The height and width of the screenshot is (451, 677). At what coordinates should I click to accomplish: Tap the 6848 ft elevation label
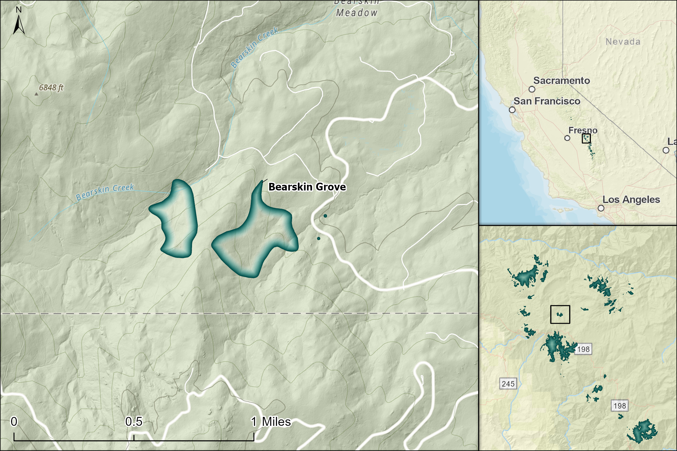51,87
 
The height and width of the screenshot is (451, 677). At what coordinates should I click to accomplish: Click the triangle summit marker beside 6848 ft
36,94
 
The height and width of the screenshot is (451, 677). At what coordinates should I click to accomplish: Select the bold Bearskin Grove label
307,187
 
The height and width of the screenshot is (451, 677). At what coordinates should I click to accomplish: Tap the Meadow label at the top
356,13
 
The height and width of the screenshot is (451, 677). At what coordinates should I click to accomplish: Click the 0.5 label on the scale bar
134,422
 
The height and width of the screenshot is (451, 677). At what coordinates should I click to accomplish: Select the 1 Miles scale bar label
271,422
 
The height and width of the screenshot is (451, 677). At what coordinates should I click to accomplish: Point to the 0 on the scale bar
14,422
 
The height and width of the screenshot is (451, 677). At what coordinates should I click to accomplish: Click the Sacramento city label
561,81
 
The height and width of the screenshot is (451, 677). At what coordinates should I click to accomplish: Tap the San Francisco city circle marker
512,110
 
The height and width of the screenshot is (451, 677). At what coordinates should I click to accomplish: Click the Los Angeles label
631,200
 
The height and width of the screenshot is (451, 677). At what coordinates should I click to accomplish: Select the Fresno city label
582,130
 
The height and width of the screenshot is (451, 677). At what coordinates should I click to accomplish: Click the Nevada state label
623,42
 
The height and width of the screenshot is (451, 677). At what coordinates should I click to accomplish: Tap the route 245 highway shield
508,384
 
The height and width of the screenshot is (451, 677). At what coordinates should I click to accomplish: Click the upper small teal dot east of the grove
325,216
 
